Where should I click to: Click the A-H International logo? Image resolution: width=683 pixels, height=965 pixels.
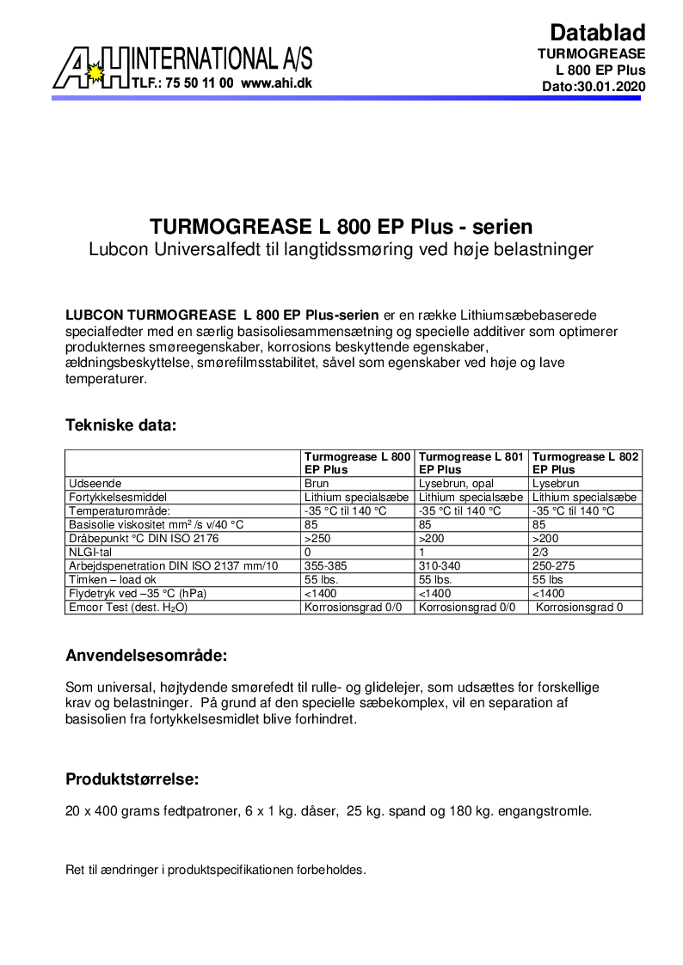[x=90, y=67]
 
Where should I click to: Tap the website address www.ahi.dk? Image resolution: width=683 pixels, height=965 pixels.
[x=276, y=84]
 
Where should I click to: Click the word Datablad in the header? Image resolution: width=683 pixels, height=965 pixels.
[x=597, y=33]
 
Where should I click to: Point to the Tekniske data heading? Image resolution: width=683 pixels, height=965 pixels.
[x=120, y=424]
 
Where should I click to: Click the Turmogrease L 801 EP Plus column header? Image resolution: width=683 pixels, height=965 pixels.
[x=471, y=463]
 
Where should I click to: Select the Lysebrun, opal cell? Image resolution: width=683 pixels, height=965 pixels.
[x=456, y=484]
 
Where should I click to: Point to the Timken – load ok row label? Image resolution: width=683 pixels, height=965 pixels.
[x=113, y=580]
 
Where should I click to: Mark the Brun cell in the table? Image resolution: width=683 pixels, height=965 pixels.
[x=317, y=484]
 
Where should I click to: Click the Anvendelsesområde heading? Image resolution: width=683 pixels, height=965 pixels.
[x=146, y=657]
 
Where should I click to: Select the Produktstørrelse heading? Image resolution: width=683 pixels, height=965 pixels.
[x=132, y=780]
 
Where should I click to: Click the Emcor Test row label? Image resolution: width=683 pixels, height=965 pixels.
[x=128, y=608]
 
